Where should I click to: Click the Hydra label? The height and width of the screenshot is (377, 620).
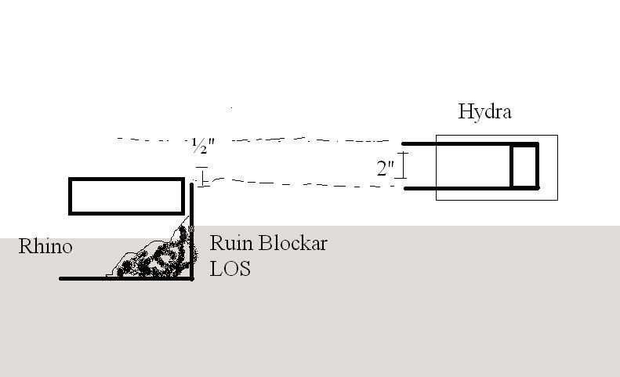point(484,112)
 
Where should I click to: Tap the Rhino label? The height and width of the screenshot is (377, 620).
point(46,247)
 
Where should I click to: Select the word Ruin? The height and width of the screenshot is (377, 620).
point(227,243)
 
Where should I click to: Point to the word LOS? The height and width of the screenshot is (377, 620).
point(230,269)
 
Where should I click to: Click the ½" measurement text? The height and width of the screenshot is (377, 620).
point(202,147)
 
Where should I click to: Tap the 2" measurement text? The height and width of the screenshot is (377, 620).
point(385,168)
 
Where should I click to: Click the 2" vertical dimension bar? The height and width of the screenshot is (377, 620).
point(404,165)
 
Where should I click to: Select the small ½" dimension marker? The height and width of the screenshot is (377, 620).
point(201,176)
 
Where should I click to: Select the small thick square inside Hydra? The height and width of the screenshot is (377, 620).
point(524,166)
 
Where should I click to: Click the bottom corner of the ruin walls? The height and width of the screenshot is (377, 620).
point(192,278)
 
